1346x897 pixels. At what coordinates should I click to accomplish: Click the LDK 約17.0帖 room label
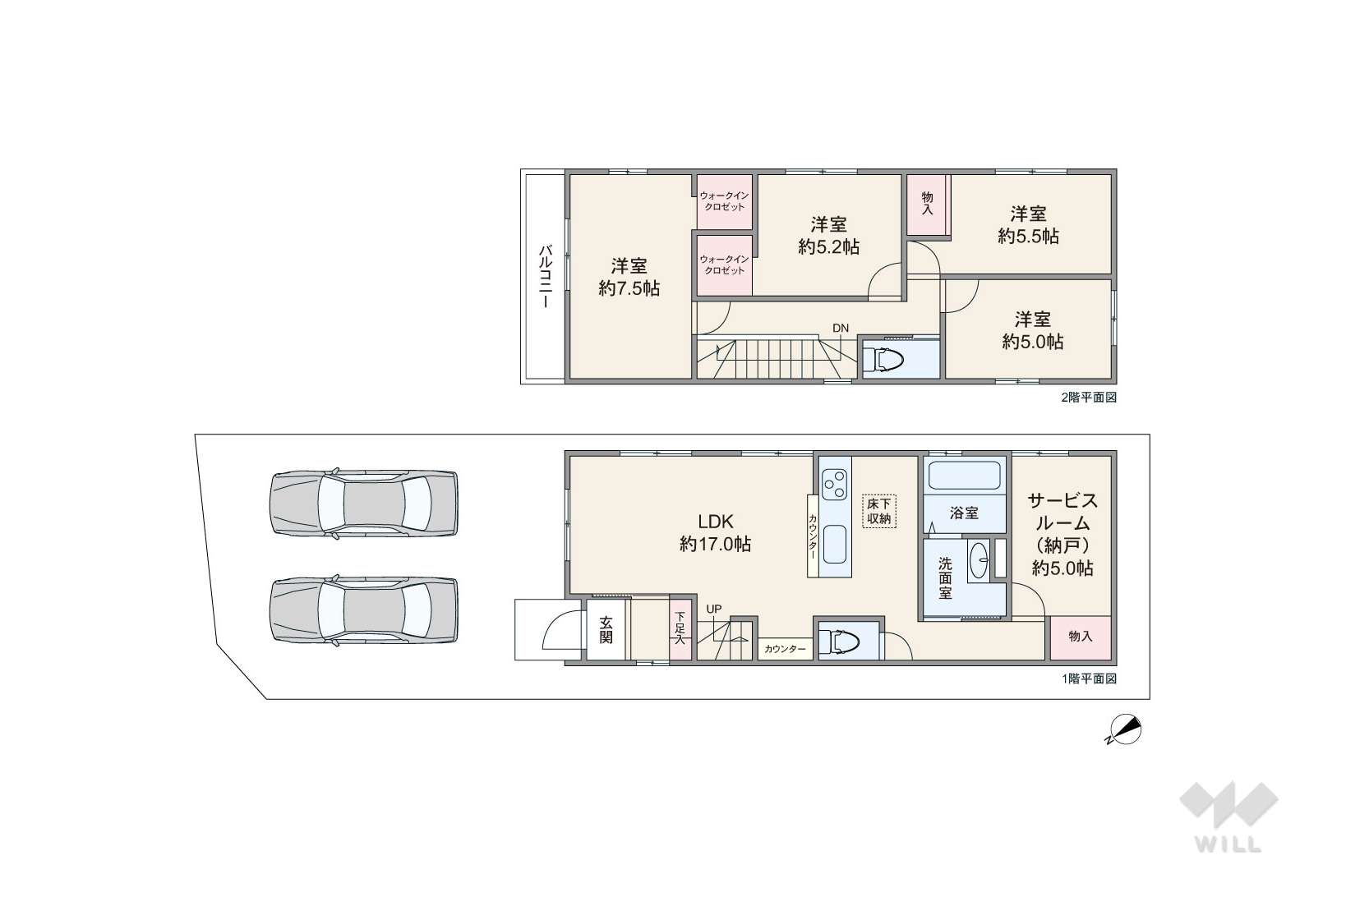pos(715,532)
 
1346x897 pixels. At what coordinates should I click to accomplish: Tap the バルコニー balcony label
pos(545,276)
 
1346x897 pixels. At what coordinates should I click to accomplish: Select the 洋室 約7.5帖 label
pos(629,277)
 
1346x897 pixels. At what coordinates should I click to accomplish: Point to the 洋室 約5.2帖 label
pos(828,236)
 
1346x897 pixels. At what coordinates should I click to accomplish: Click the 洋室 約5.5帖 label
pos(1028,225)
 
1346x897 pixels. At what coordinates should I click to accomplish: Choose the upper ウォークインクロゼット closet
pos(725,202)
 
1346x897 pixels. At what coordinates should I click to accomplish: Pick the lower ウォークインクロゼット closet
pos(725,265)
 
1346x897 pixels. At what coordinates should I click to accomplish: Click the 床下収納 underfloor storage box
pos(879,511)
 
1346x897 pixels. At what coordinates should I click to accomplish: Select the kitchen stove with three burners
pos(835,485)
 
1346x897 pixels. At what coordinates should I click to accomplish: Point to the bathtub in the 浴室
pos(965,476)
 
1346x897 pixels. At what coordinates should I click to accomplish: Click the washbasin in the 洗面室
pos(979,561)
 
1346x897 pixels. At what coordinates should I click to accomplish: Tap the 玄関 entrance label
pos(606,630)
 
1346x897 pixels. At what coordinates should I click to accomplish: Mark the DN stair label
pos(841,328)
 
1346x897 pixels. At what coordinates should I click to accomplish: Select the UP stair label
pos(714,609)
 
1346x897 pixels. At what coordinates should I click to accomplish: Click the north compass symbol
pos(1124,730)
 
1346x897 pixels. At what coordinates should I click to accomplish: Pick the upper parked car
pos(363,503)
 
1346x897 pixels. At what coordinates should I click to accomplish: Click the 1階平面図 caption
pos(1089,678)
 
